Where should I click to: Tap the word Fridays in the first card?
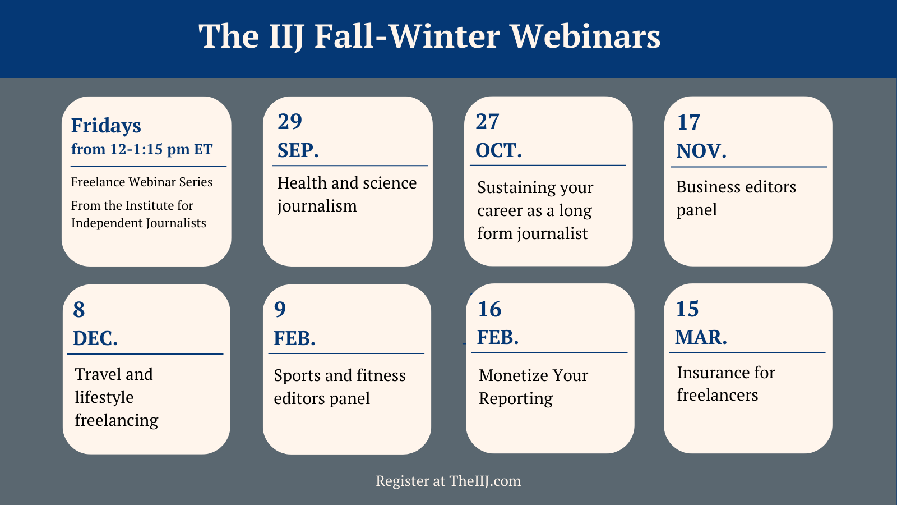[106, 126]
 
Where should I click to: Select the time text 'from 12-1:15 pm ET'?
[142, 149]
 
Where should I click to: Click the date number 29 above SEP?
[290, 122]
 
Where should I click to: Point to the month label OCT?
[498, 150]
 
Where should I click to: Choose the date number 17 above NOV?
[689, 122]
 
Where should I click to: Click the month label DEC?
[95, 338]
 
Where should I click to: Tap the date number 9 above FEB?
[280, 309]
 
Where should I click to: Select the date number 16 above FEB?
[489, 309]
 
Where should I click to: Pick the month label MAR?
[701, 337]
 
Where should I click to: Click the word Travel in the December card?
[98, 374]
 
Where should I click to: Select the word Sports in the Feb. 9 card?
[297, 375]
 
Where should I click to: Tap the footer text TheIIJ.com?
[485, 481]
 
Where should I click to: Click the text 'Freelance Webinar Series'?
[142, 182]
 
